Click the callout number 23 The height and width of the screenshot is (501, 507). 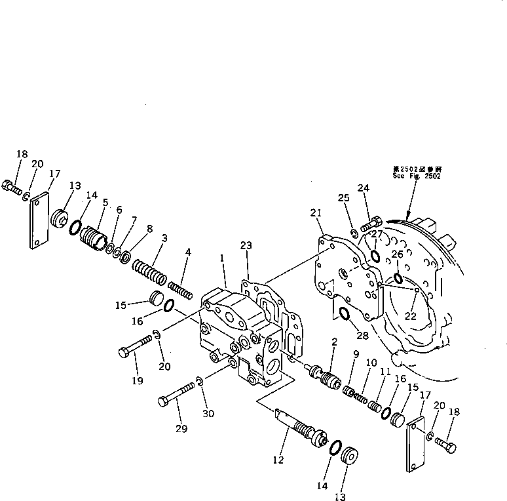(x=246, y=245)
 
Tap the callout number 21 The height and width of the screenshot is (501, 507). (x=316, y=212)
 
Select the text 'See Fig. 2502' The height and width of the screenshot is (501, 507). (x=417, y=176)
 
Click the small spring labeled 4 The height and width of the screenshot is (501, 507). (x=180, y=288)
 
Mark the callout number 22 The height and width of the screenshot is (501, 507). (x=410, y=315)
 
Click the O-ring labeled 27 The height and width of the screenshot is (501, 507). (x=373, y=255)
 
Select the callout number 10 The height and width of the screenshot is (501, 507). (x=371, y=362)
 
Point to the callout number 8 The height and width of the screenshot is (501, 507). (x=149, y=229)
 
